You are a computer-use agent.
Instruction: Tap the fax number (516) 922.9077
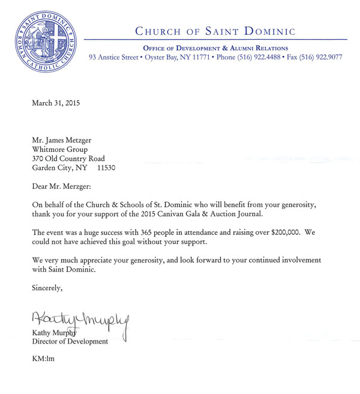tap(321, 58)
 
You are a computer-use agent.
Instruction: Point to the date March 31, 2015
tap(56, 103)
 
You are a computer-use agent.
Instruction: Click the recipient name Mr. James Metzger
tap(64, 140)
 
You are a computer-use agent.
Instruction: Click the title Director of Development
tap(70, 342)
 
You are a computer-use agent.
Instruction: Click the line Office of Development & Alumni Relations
tap(215, 48)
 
